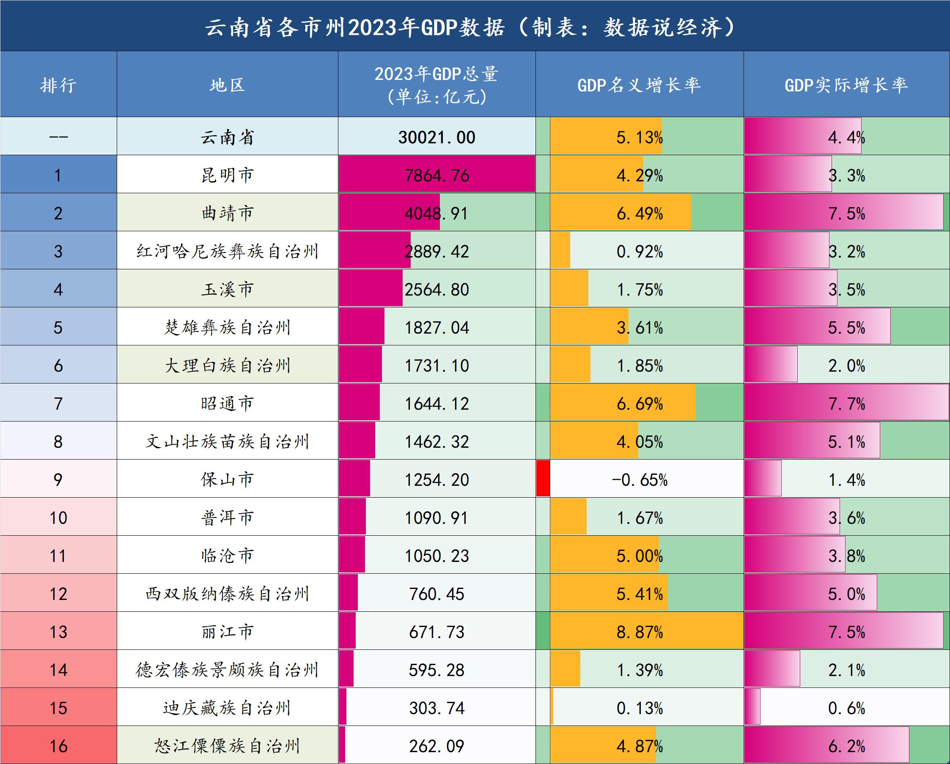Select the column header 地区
tap(227, 85)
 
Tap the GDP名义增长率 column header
tap(639, 85)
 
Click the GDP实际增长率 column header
tap(846, 85)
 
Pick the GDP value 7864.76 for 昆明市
tap(437, 175)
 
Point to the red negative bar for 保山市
tap(543, 479)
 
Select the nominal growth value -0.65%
tap(640, 479)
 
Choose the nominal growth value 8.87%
tap(640, 633)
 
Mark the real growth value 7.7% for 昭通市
tap(846, 404)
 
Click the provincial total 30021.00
tap(437, 137)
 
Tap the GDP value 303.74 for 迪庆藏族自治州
tap(437, 708)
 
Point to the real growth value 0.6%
tap(846, 708)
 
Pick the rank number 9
tap(58, 479)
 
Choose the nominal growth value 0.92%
tap(640, 252)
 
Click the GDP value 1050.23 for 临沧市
tap(437, 556)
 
